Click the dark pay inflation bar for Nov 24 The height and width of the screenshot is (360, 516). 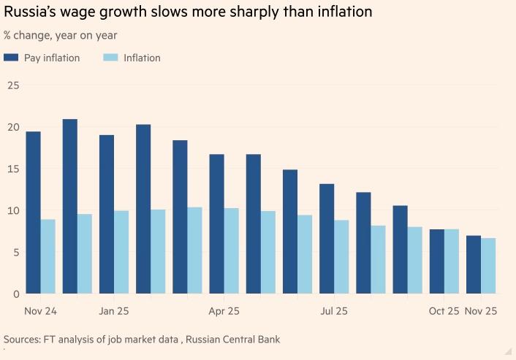pos(33,212)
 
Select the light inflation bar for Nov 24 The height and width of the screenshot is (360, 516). pos(48,256)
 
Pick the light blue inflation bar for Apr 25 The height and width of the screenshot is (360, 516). pos(232,250)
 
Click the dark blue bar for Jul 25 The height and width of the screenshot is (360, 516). pos(327,239)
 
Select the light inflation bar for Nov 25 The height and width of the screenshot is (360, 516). pos(488,266)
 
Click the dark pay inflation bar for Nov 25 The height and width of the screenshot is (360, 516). pos(474,264)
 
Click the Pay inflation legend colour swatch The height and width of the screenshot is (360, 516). pos(11,58)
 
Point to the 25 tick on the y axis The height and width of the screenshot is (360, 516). pos(13,85)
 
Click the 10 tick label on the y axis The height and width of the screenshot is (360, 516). pos(13,211)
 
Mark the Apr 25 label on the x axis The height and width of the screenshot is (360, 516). pos(224,311)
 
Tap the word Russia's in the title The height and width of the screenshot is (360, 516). pos(33,12)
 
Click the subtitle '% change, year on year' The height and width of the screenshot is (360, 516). pos(61,35)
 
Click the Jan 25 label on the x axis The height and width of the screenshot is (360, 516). pos(113,311)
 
